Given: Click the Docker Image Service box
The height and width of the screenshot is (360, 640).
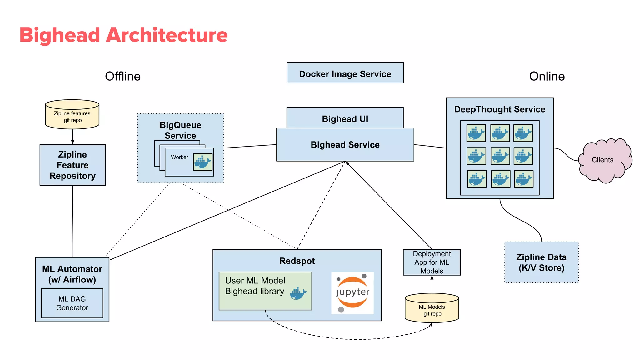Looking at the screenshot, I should [345, 73].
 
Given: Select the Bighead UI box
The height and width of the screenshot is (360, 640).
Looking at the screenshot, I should [345, 118].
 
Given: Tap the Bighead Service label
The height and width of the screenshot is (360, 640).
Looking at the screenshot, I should [345, 145].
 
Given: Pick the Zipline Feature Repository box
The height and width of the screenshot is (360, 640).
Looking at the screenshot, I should [72, 165].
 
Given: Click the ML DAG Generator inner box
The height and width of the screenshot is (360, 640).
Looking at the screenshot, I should [72, 303].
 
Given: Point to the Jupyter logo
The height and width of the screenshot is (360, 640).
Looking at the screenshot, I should [352, 292].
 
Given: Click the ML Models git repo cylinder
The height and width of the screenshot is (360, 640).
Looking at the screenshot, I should [432, 309].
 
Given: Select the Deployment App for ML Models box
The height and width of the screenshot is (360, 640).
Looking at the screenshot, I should [432, 262].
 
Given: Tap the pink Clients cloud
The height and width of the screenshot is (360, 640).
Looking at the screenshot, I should [603, 160].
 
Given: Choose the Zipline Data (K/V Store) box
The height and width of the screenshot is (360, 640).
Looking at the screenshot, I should [542, 262].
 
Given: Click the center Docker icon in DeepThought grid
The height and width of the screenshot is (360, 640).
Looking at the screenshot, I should [500, 156].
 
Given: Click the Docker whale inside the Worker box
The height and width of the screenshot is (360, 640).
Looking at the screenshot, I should [203, 162].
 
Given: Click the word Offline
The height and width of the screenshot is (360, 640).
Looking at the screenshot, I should [123, 76].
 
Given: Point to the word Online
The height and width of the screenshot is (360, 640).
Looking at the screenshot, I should [547, 76].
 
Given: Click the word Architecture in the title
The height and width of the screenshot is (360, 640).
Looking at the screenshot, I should [167, 35].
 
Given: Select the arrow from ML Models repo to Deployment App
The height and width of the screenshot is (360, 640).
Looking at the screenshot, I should [432, 284].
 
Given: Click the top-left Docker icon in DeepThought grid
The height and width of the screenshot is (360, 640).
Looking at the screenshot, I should [476, 133].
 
